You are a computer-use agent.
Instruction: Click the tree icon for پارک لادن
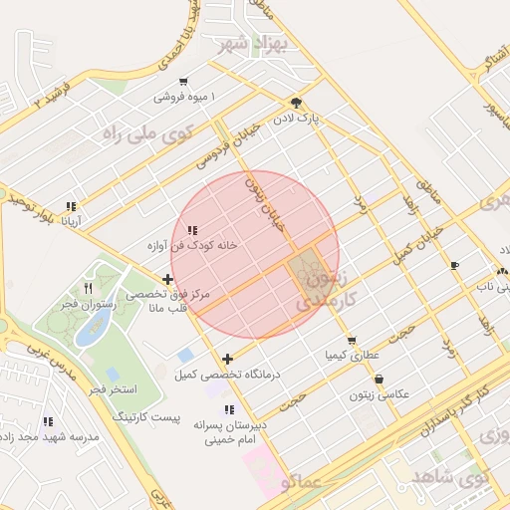tap(295, 103)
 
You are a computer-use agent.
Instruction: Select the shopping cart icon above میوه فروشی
tap(183, 82)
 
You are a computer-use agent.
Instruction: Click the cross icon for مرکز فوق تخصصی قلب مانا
tap(167, 280)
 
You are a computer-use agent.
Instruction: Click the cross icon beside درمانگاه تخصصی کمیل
tap(228, 359)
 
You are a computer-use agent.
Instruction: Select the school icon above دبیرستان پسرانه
tap(229, 409)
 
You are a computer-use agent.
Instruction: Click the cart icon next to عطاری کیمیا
tap(352, 341)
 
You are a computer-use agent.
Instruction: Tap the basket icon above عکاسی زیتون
tap(379, 380)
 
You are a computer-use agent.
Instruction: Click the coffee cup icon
tap(455, 265)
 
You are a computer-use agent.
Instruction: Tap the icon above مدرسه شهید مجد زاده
tap(49, 422)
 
